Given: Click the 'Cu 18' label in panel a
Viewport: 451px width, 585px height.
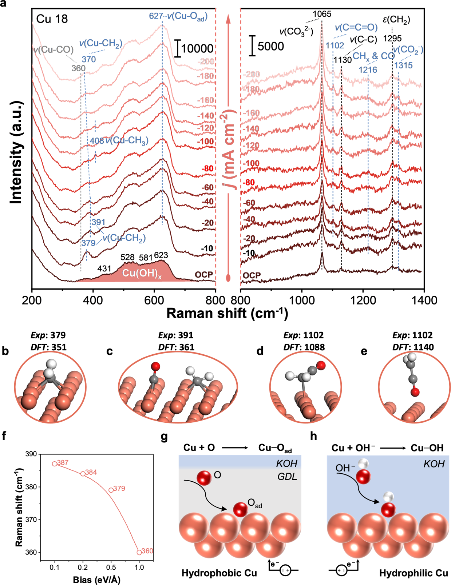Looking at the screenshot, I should pos(52,19).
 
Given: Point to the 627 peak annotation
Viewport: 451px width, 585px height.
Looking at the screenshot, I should pos(155,16).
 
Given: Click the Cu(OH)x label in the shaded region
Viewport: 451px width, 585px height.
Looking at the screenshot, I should pos(142,274).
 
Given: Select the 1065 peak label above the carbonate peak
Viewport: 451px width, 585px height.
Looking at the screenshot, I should pos(322,14).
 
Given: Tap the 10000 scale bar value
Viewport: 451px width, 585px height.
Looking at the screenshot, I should pos(197,49).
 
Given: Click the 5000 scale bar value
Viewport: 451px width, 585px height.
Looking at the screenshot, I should pos(271,47).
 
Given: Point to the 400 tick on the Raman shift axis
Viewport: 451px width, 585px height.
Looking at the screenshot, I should pos(93,301).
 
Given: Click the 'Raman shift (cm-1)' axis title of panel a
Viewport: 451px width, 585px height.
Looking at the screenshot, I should pos(227,314).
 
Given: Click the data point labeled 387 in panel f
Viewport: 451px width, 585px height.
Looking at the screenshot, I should pos(55,464).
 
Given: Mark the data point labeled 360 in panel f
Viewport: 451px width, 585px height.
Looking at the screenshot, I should pos(139,552).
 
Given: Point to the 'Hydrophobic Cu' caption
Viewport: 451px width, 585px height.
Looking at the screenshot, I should pos(219,573).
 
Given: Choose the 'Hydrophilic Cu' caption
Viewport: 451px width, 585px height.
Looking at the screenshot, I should pos(414,573).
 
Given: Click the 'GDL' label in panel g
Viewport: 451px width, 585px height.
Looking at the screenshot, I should pos(287,476).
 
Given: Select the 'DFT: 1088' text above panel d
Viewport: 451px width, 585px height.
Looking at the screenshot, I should pos(303,347).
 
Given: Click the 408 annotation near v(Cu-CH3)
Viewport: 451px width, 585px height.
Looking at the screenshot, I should pos(97,141).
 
